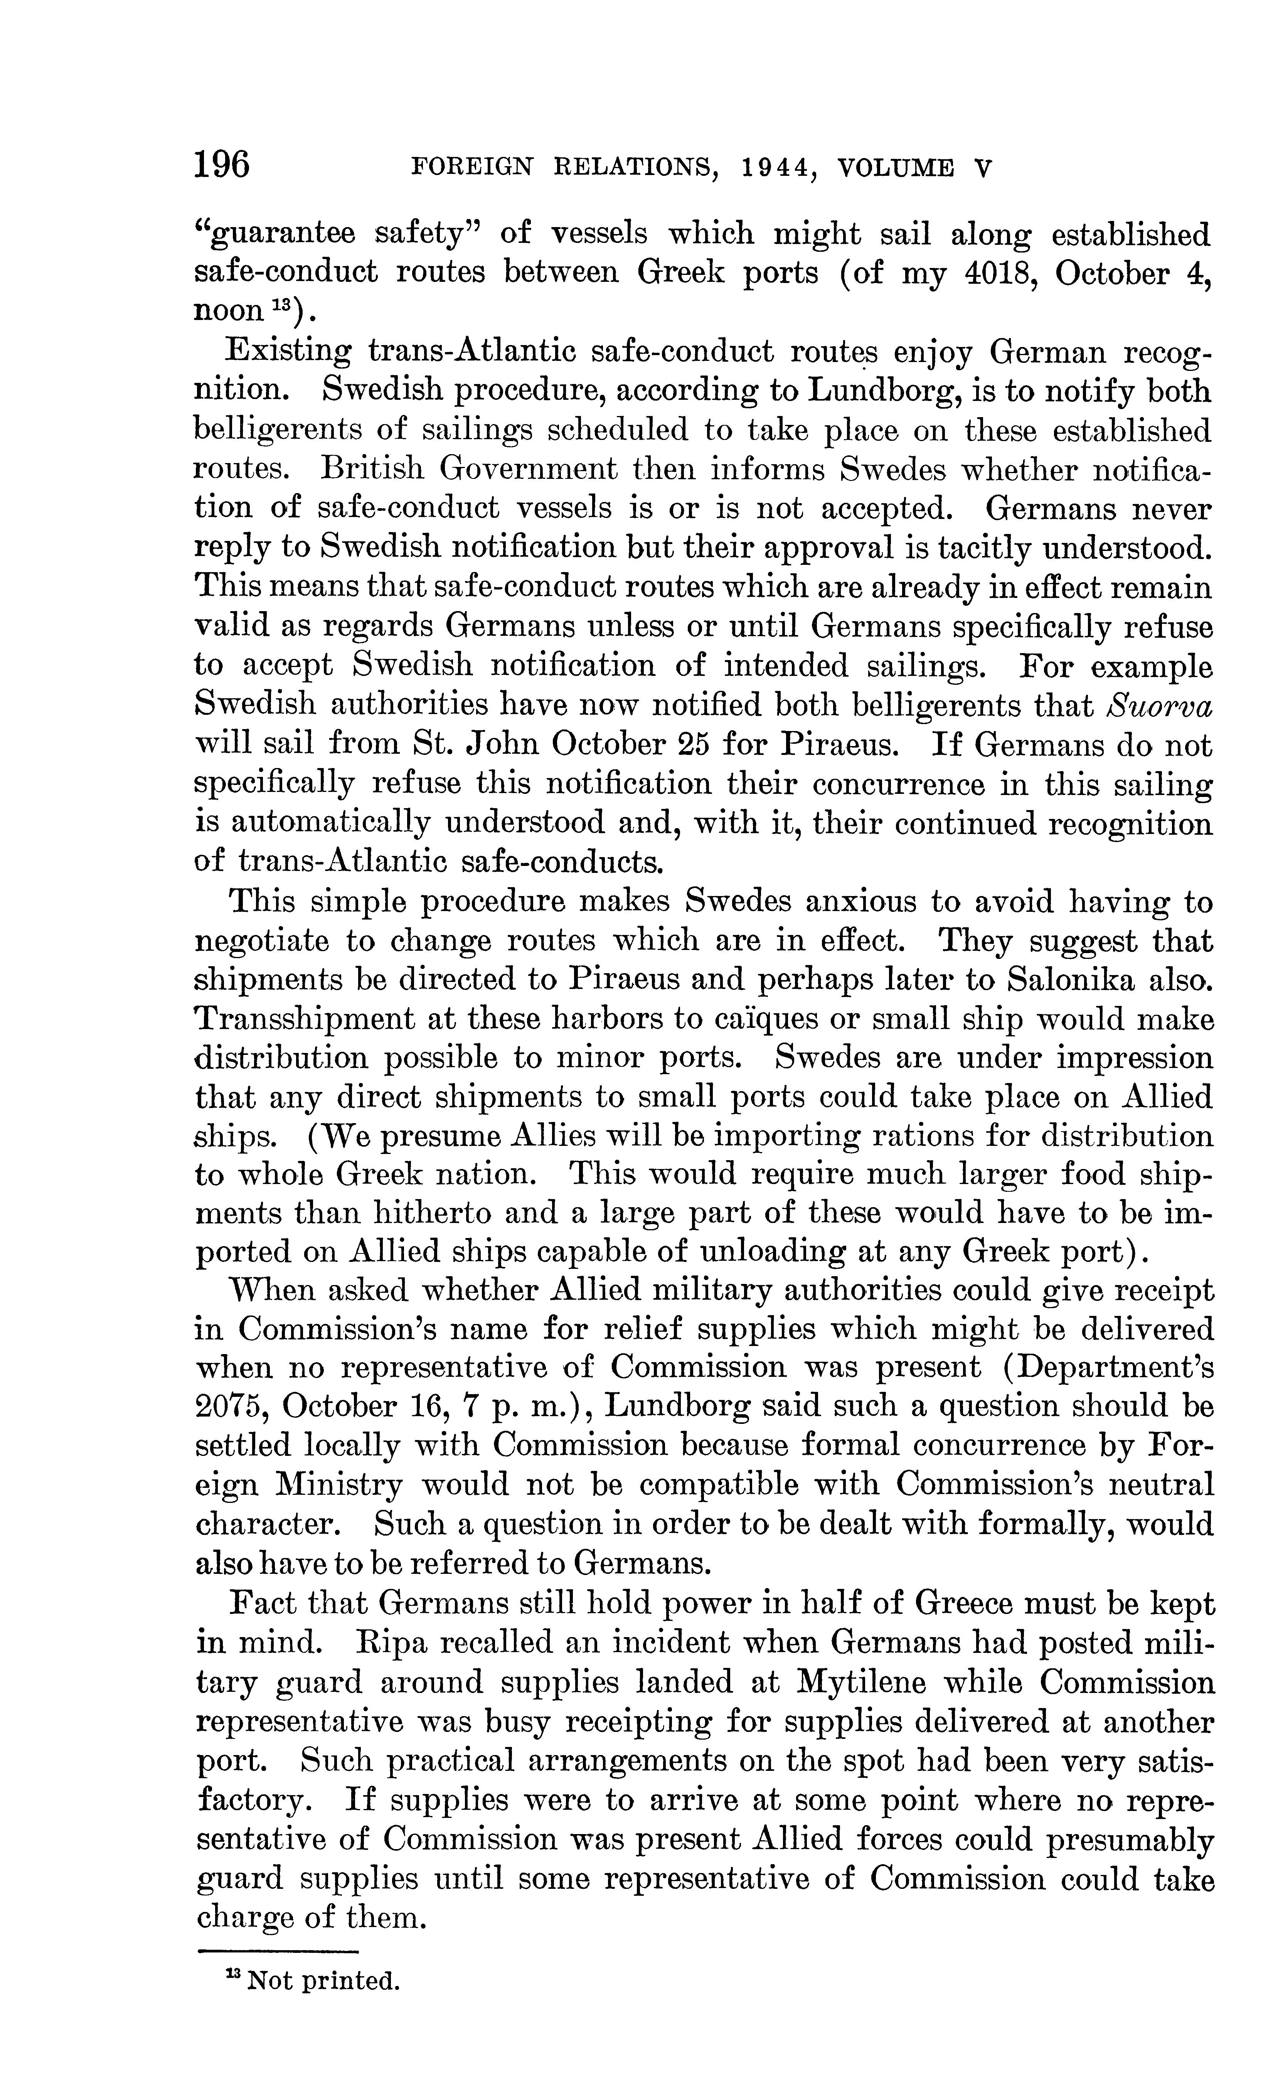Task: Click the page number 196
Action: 222,164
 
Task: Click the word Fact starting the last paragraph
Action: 262,1604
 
